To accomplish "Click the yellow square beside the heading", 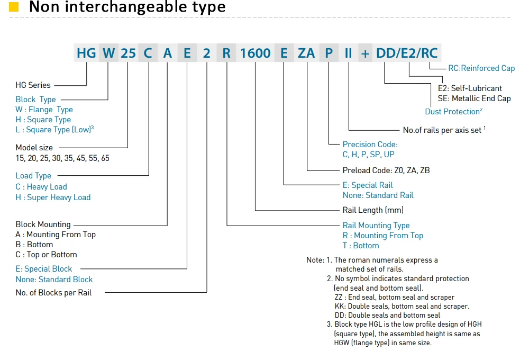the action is (14, 7).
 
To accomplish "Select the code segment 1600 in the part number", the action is (255, 53).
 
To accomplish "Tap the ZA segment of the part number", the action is (306, 53).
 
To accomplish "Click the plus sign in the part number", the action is (365, 53).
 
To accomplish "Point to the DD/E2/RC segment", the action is (407, 53).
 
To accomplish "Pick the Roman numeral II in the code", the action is (348, 53).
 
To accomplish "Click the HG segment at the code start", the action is (86, 53).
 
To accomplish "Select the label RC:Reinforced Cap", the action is (481, 68).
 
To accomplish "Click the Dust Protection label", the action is (453, 112).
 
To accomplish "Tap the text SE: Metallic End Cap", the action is (474, 98).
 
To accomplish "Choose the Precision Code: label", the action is (370, 144).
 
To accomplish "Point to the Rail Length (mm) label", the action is (373, 210).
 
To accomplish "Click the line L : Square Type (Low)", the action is (54, 129).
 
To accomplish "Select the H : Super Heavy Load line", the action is (53, 197).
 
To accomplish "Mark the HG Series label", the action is (33, 85).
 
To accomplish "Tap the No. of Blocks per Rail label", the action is (53, 292).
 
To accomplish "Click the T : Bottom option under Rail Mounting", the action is (361, 246).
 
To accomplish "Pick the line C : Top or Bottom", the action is (46, 254).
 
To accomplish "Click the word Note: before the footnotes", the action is (315, 260).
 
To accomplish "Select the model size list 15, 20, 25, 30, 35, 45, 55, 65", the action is (62, 158).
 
